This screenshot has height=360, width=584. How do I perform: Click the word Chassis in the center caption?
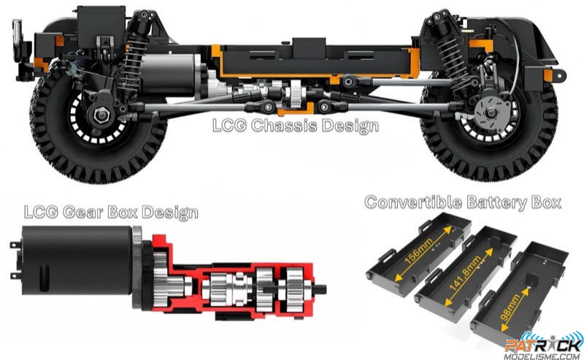tap(285, 125)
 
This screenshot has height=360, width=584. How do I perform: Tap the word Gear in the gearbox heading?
tap(82, 212)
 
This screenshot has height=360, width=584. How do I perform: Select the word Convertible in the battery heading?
tap(413, 202)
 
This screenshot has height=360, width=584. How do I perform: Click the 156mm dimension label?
tap(418, 251)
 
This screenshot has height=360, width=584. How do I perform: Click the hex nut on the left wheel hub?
tap(101, 115)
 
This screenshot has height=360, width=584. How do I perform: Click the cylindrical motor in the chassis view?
tap(172, 74)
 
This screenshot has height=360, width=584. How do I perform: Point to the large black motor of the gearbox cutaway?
tap(77, 260)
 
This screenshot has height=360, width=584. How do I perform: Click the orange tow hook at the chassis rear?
tap(554, 75)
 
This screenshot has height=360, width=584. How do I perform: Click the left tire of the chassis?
tap(98, 123)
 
